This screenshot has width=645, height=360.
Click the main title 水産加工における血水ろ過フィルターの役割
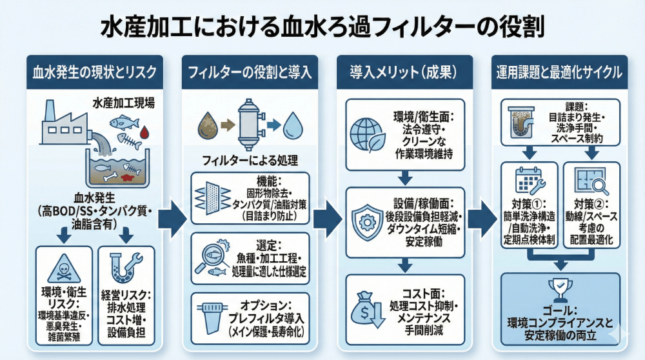pos(322,28)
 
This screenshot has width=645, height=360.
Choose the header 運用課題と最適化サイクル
pos(559,72)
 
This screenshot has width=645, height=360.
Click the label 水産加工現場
pos(123,103)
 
